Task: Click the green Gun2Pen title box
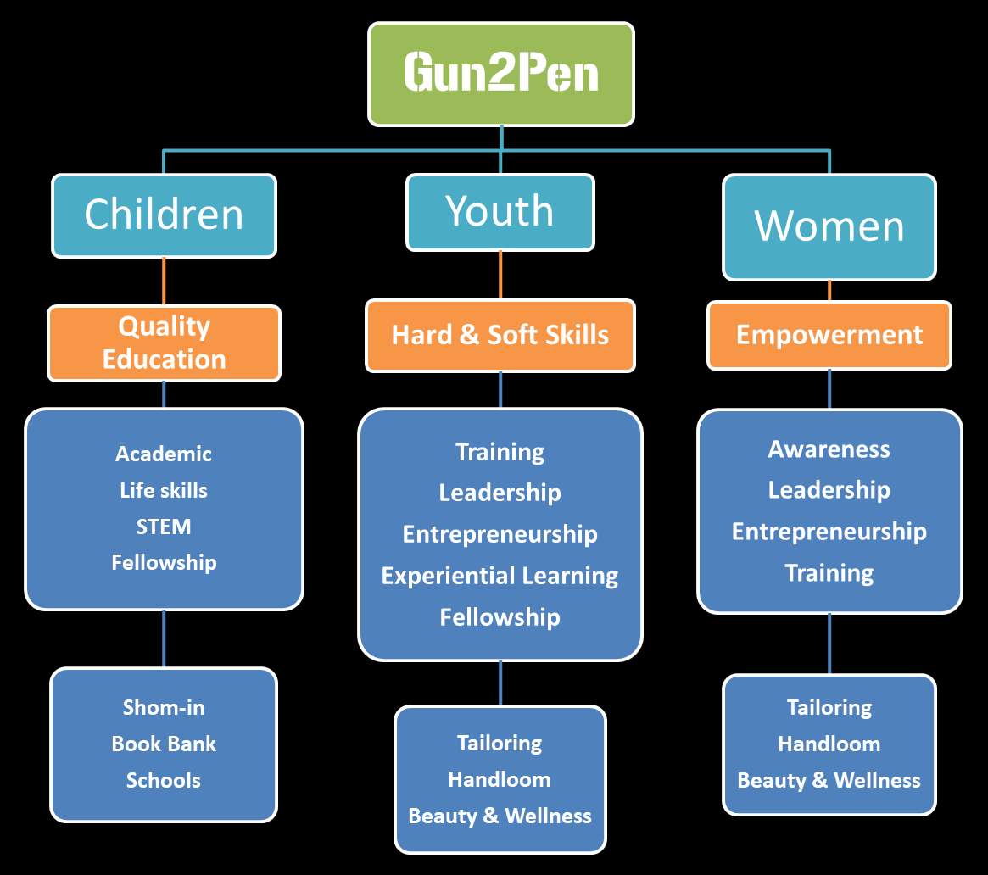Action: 500,74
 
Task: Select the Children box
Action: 164,215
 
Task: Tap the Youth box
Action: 500,212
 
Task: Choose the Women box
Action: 829,226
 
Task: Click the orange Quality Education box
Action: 164,343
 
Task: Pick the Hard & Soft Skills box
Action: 500,335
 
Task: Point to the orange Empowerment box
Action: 829,335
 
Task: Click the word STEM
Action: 164,527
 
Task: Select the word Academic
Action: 164,454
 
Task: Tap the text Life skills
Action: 164,490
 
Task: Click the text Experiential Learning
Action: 500,576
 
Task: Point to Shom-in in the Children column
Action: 164,707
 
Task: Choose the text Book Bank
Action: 164,744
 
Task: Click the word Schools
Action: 164,780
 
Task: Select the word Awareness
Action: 829,449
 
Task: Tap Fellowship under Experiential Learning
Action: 500,617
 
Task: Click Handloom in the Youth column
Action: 500,779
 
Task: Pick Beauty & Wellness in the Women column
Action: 829,780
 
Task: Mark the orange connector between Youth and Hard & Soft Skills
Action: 500,275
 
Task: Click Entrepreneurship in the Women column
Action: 829,532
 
